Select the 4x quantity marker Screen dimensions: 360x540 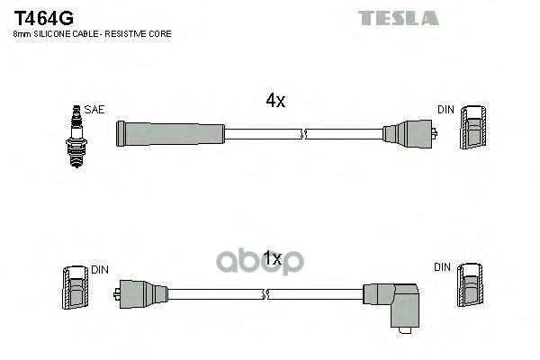[275, 102]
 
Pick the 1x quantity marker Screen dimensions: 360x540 [273, 259]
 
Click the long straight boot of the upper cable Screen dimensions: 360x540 [170, 134]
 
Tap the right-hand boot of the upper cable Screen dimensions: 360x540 [409, 134]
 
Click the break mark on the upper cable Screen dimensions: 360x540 [304, 134]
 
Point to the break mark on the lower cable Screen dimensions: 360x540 [265, 293]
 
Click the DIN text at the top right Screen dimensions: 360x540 [445, 109]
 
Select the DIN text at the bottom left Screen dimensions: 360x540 [100, 268]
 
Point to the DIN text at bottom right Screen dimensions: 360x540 [442, 267]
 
